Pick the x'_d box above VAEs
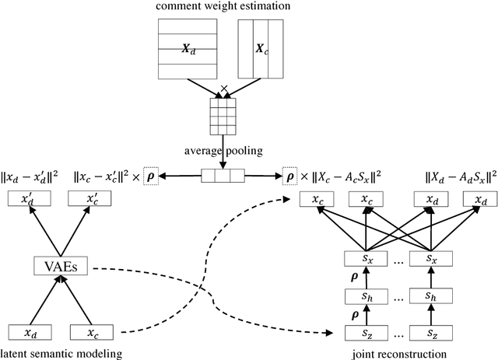click(x=28, y=199)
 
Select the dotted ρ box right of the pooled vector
click(x=293, y=177)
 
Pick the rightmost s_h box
click(x=430, y=296)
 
